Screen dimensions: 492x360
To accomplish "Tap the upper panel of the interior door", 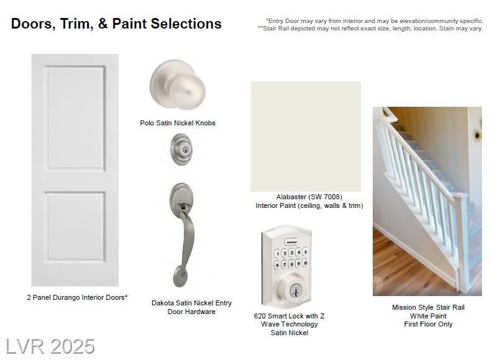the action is pos(75,118).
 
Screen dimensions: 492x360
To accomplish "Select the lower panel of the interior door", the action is pos(75,227).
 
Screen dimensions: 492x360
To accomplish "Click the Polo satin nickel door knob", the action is pos(178,85).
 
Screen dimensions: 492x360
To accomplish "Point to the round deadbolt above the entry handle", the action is pos(181,149).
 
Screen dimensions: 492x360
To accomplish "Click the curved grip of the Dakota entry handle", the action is pos(188,238).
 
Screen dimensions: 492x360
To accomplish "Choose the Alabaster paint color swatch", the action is pos(306,137).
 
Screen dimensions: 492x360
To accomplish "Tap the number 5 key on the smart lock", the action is pos(305,252).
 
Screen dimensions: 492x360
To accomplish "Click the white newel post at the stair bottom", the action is pos(462,241).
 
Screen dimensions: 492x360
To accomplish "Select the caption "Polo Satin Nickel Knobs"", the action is pos(178,123).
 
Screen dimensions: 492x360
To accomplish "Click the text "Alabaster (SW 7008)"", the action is pos(309,197).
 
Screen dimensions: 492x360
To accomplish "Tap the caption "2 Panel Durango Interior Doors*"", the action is pos(77,297).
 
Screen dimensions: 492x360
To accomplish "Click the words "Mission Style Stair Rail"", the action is pos(428,307).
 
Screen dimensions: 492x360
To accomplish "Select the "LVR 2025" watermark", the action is pos(50,346).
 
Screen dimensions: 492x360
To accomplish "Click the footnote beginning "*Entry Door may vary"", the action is pos(375,21).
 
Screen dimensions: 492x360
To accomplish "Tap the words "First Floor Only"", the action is pos(428,324).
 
